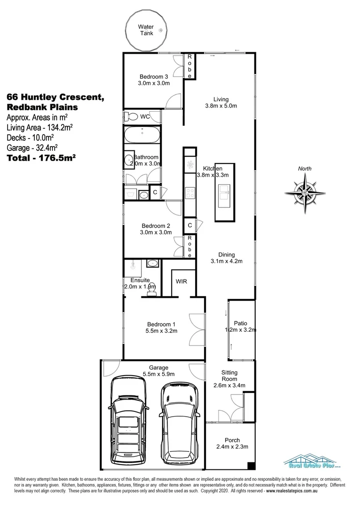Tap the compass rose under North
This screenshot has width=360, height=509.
click(305, 191)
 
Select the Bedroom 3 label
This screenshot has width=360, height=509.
click(154, 77)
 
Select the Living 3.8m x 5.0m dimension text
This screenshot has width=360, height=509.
click(221, 106)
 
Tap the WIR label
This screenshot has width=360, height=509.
click(182, 281)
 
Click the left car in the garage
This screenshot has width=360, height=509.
click(129, 419)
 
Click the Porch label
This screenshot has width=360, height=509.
click(232, 440)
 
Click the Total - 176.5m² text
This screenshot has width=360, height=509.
click(41, 158)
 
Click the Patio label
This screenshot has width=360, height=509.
click(240, 323)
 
